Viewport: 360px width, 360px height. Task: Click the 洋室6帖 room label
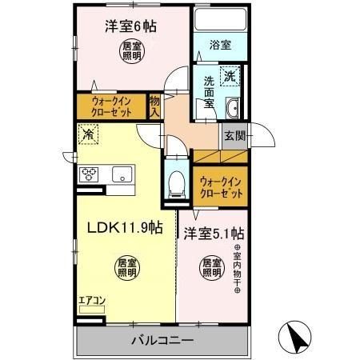[x=130, y=26]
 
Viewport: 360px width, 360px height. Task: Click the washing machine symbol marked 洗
[x=230, y=78]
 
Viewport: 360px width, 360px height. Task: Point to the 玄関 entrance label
[x=234, y=135]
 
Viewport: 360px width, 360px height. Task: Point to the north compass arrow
[x=295, y=337]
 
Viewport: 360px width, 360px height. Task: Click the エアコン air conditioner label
[x=90, y=302]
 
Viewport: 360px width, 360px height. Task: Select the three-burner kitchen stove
[x=88, y=173]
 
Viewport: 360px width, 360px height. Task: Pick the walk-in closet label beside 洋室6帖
[x=110, y=106]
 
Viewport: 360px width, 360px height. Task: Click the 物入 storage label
[x=155, y=106]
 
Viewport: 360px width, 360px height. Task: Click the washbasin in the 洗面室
[x=233, y=109]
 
